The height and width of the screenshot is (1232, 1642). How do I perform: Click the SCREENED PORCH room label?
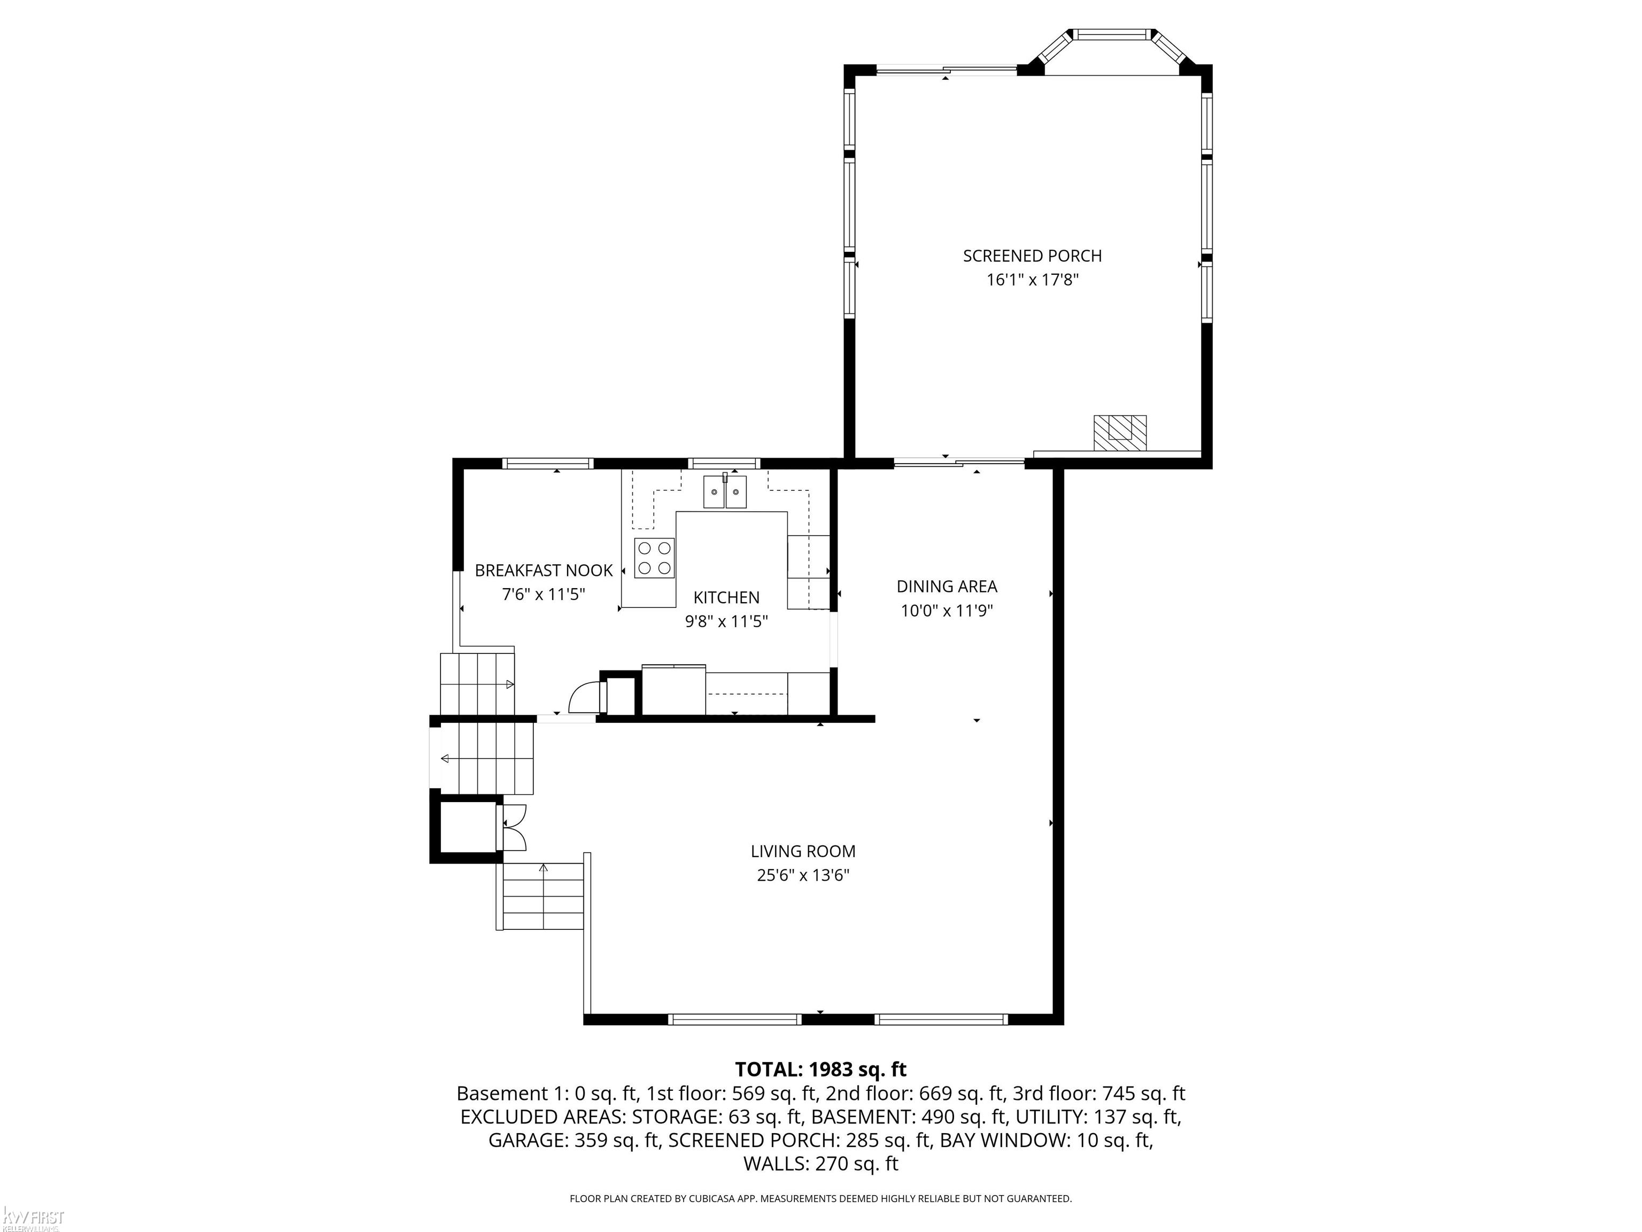[x=1032, y=256]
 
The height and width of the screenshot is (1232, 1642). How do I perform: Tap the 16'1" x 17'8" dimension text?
[x=1032, y=280]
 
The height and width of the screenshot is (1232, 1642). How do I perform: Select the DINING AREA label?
[x=947, y=587]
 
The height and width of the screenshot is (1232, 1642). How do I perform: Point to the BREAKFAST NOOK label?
[x=544, y=571]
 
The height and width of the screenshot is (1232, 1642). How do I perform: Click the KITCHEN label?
[x=726, y=597]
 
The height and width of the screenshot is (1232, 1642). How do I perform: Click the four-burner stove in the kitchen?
[x=654, y=558]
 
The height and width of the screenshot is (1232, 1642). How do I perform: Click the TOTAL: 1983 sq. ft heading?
[x=820, y=1069]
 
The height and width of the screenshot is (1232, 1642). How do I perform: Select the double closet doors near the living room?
[x=514, y=827]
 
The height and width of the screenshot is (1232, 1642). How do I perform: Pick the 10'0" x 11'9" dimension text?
[x=947, y=611]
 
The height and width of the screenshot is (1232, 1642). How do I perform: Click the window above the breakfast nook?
[x=548, y=464]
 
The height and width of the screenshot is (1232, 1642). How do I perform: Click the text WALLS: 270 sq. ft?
[x=820, y=1164]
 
